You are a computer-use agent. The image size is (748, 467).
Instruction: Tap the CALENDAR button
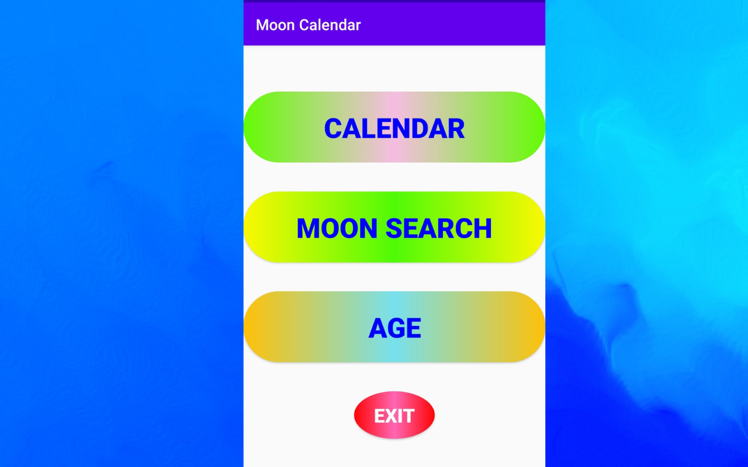pos(394,127)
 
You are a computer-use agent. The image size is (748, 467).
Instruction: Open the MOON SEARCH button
pos(394,227)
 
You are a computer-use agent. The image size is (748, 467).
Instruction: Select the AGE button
pos(394,327)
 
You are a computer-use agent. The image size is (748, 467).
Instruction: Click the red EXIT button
pos(394,415)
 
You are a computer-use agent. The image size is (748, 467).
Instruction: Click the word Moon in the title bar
pos(275,25)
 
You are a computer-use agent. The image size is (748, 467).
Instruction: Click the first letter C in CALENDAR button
pos(334,129)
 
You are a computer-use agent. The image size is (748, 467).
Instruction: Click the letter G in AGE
pos(395,328)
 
